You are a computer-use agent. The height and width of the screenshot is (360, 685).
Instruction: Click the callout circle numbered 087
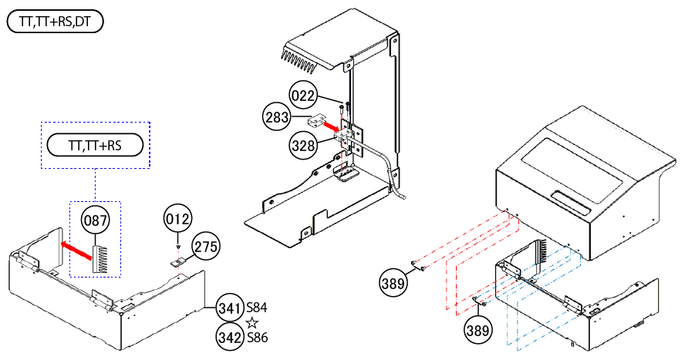pyautogui.click(x=96, y=220)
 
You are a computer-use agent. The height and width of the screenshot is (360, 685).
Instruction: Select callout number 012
pyautogui.click(x=177, y=218)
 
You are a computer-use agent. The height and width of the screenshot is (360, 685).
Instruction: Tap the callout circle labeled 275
pyautogui.click(x=206, y=247)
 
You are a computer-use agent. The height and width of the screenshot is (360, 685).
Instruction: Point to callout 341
pyautogui.click(x=230, y=308)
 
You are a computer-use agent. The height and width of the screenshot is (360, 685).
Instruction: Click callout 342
pyautogui.click(x=230, y=337)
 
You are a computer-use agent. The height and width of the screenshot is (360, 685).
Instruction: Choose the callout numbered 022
pyautogui.click(x=303, y=95)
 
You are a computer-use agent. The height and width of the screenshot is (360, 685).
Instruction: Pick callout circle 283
pyautogui.click(x=276, y=117)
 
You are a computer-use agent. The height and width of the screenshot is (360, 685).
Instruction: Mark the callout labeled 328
pyautogui.click(x=302, y=145)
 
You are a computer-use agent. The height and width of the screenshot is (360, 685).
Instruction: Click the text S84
pyautogui.click(x=256, y=308)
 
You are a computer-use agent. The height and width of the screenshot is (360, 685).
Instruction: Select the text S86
pyautogui.click(x=258, y=338)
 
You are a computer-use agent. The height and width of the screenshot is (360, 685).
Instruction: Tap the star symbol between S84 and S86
pyautogui.click(x=252, y=323)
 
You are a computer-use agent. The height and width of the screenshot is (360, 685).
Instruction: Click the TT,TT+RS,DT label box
pyautogui.click(x=55, y=22)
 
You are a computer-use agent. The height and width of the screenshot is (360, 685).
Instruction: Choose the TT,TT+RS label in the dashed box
pyautogui.click(x=95, y=145)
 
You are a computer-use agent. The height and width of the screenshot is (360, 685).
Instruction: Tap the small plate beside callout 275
pyautogui.click(x=177, y=263)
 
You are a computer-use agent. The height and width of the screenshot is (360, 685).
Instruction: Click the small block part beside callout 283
pyautogui.click(x=316, y=120)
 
